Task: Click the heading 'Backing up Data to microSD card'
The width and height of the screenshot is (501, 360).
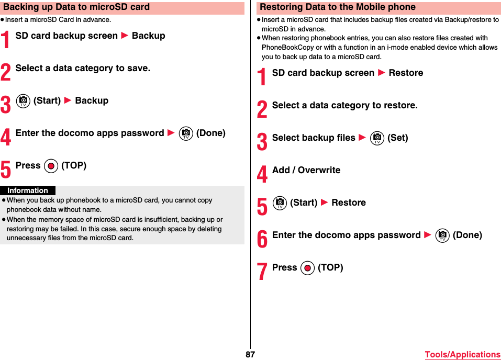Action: tap(76, 7)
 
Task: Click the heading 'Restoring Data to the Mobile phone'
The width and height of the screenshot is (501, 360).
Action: tap(338, 7)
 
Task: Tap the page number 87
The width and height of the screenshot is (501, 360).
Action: tap(250, 354)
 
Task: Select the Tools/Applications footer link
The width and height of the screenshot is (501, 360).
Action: tap(462, 354)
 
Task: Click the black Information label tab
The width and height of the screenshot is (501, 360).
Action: tap(28, 190)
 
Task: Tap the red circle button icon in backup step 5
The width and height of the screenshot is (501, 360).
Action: tap(51, 166)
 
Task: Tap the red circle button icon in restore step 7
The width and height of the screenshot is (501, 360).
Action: tap(307, 268)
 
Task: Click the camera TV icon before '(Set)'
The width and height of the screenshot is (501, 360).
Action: tap(377, 138)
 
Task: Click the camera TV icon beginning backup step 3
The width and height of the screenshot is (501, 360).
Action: tap(23, 101)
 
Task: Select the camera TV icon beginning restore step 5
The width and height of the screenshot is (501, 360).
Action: tap(280, 203)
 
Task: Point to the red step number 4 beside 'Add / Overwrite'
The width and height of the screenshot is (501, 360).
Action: tap(262, 174)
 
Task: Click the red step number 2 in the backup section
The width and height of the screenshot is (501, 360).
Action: tap(6, 72)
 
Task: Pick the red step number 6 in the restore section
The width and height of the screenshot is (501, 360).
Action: tap(262, 239)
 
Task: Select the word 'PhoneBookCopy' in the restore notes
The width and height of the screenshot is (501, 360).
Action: tap(287, 47)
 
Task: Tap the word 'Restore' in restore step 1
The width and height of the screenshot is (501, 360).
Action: tap(406, 73)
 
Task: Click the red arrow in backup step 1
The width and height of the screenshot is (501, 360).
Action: tap(125, 36)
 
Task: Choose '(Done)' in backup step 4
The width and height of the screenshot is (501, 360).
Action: tap(210, 133)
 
